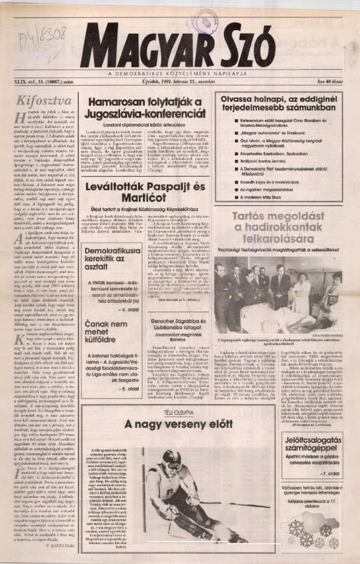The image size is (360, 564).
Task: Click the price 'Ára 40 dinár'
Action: (327, 81)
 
